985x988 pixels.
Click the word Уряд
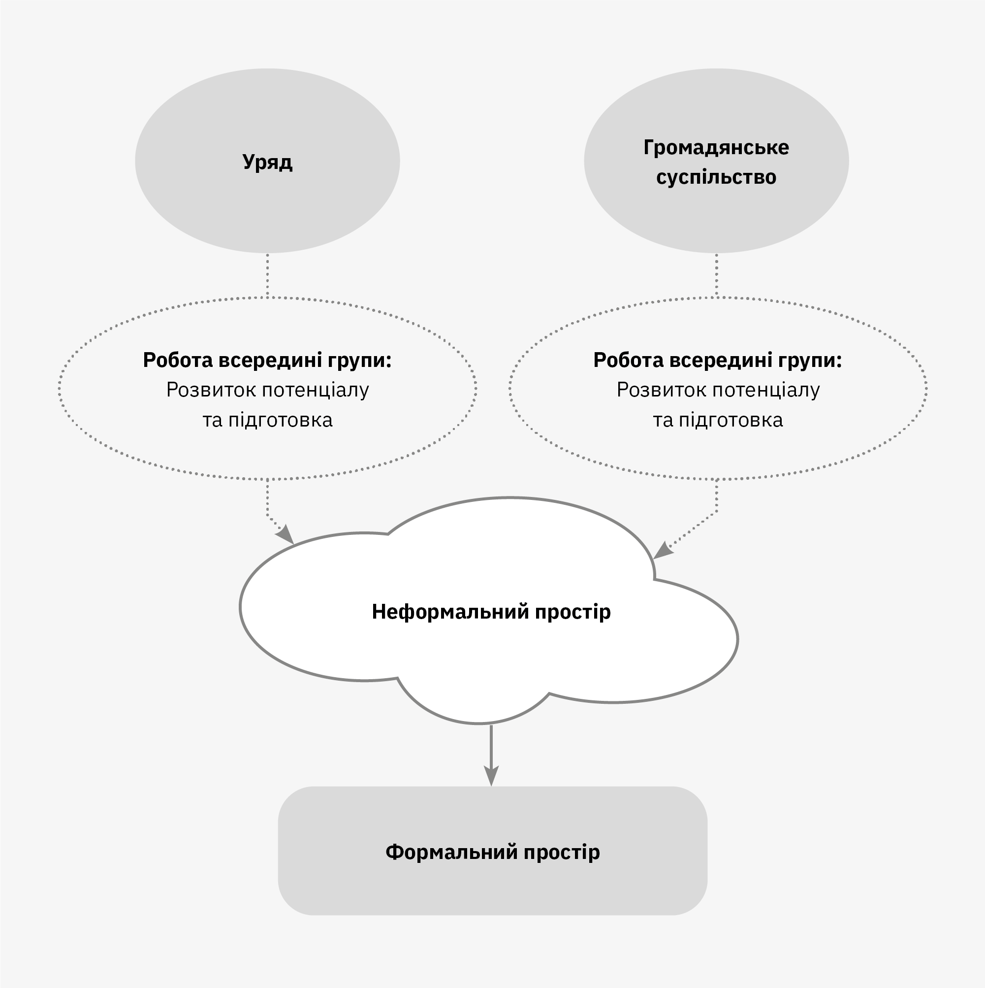click(267, 162)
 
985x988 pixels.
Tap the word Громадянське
click(716, 148)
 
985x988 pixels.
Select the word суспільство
click(716, 177)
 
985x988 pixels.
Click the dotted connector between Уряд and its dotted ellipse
click(267, 275)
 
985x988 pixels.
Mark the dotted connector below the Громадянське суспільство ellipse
click(716, 275)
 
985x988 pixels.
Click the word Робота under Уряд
click(177, 360)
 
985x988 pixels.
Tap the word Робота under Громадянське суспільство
click(628, 360)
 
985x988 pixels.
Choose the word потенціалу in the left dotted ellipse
click(316, 390)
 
